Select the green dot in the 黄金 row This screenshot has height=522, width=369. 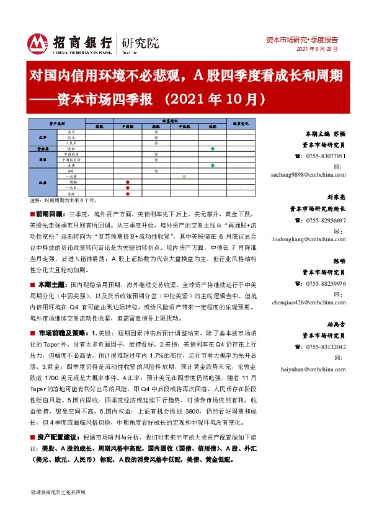[212, 149]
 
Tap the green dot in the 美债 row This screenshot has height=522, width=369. [212, 165]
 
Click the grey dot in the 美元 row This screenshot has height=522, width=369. [155, 132]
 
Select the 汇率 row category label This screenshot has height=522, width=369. [43, 138]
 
